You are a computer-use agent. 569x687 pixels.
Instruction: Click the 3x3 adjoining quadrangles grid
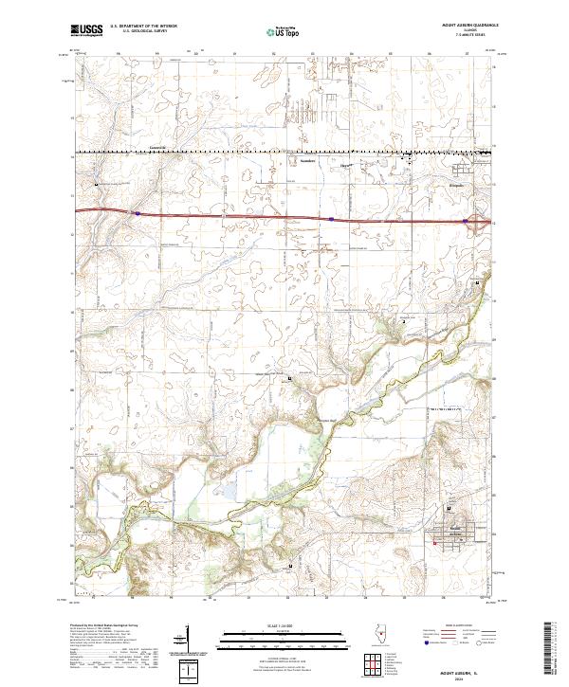(374, 664)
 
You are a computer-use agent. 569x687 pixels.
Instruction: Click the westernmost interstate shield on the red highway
(138, 214)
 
